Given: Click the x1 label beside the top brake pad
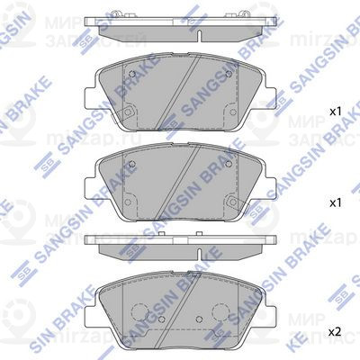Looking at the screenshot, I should click(336, 112).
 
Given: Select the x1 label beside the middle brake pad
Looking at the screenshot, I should click(336, 202).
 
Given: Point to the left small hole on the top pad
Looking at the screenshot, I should click(133, 75).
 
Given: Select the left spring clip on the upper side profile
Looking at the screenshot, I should click(91, 24).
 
